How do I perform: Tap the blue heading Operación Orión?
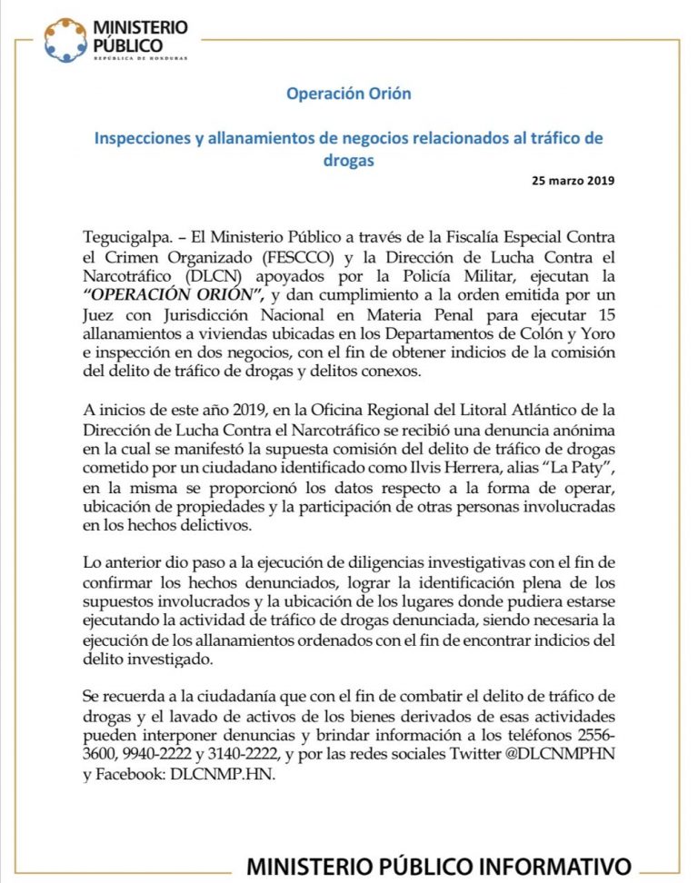click(349, 94)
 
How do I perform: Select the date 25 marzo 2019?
click(573, 180)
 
